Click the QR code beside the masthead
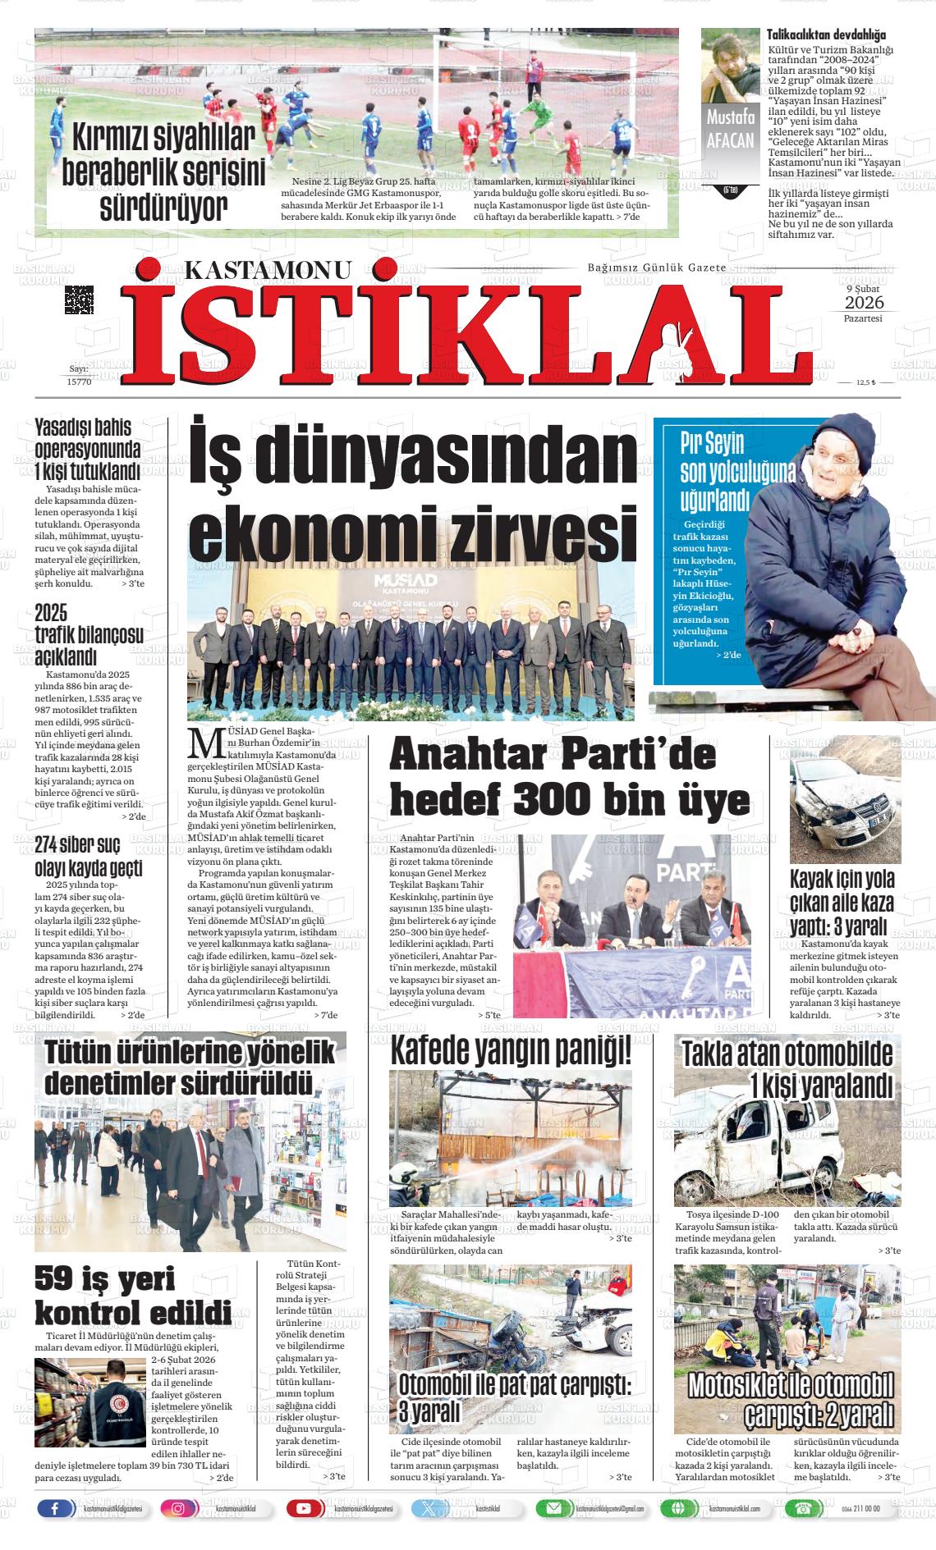pos(79,299)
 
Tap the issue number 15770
pos(79,382)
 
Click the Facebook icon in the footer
pos(55,1508)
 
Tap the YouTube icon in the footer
pos(304,1508)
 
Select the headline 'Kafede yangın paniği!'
pos(511,1050)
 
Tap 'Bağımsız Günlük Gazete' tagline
pos(656,268)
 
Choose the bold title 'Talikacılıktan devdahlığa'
pos(826,35)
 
